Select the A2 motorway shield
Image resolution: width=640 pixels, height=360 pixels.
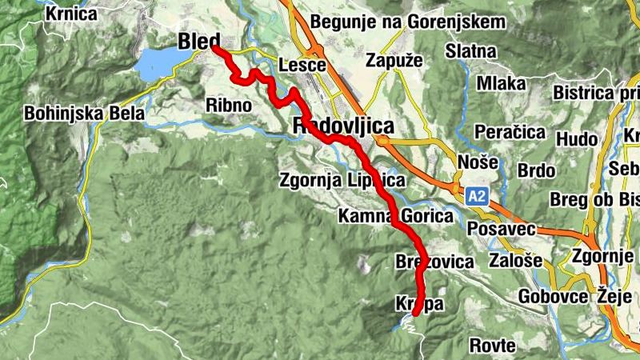pyautogui.click(x=477, y=195)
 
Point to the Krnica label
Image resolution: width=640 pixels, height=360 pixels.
pyautogui.click(x=71, y=14)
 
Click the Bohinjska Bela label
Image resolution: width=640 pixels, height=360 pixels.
pyautogui.click(x=84, y=114)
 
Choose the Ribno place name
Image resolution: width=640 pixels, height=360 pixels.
pyautogui.click(x=229, y=105)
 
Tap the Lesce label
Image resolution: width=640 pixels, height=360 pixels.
pyautogui.click(x=302, y=66)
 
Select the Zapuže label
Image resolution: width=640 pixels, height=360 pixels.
pyautogui.click(x=393, y=59)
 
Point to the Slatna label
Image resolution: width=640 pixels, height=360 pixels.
pyautogui.click(x=471, y=51)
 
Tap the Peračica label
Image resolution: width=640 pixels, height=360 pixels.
pyautogui.click(x=510, y=130)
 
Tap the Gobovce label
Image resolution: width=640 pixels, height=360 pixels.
pyautogui.click(x=553, y=295)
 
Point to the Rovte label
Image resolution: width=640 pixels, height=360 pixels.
pyautogui.click(x=492, y=346)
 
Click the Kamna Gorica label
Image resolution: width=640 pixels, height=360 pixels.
pyautogui.click(x=396, y=215)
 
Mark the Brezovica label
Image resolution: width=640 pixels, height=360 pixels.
pyautogui.click(x=434, y=262)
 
